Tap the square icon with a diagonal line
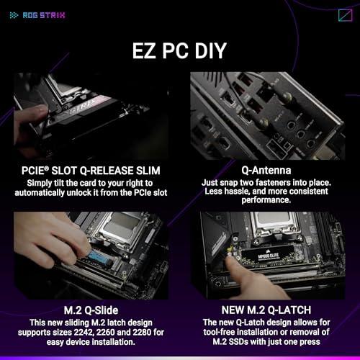click(346, 15)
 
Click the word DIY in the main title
click(211, 50)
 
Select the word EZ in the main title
click(144, 50)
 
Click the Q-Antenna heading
click(266, 170)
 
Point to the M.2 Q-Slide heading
click(91, 310)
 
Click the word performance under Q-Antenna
click(266, 200)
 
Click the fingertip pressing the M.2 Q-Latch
click(230, 263)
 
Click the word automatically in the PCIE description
click(40, 193)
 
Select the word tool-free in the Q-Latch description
click(217, 332)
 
